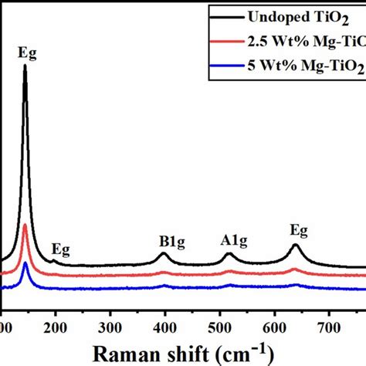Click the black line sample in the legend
pyautogui.click(x=232, y=15)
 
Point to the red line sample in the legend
pyautogui.click(x=232, y=41)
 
